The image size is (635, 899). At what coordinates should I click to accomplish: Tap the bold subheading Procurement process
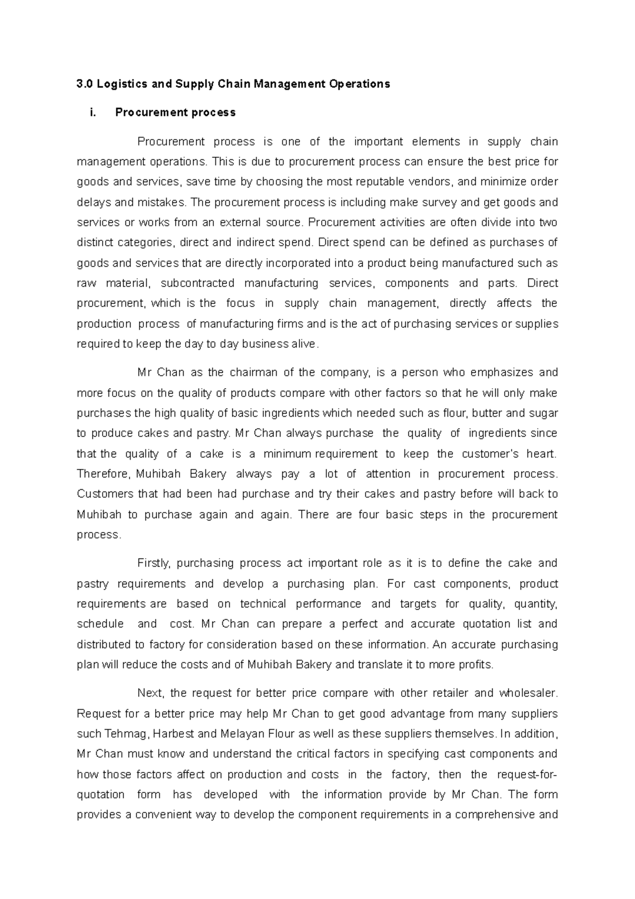175,112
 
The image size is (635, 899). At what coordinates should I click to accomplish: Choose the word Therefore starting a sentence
104,474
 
